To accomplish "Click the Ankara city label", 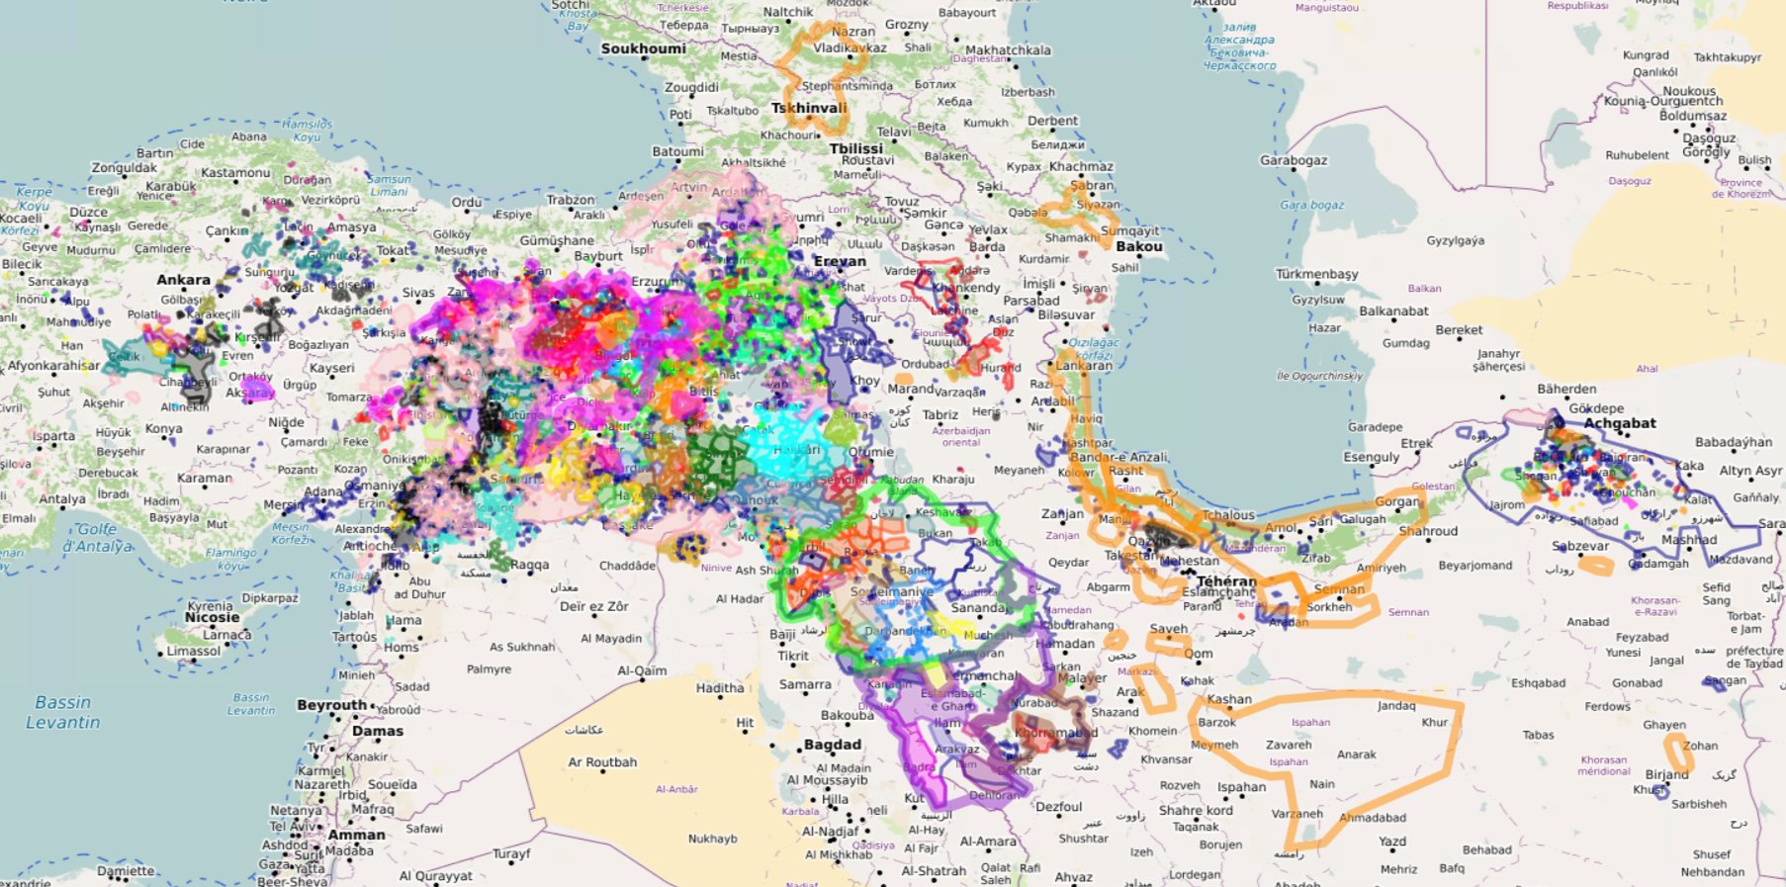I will pos(183,280).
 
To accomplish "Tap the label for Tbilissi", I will pos(856,148).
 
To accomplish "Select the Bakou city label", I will pos(1138,246).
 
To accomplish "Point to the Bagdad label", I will pos(832,745).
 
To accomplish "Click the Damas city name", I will pos(378,731).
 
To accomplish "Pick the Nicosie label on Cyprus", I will pos(212,617).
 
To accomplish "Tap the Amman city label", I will pos(356,835).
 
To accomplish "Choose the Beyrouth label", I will pos(331,705).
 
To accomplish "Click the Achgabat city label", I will pos(1619,423).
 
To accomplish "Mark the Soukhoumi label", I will pos(643,48).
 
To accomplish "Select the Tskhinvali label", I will pos(809,109).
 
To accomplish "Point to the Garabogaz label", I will pos(1294,160).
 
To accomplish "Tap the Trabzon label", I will pos(571,200).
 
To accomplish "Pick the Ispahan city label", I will pos(1241,787).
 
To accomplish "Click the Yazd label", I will pos(1391,842).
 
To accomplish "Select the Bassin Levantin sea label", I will pos(63,712).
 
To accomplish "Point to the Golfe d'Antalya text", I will pos(97,537).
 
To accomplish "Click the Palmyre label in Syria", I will pos(489,669).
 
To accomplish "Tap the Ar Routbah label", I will pos(602,762).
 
